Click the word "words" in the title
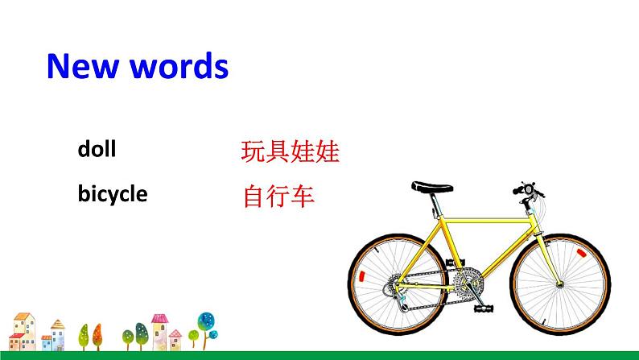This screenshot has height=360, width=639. pyautogui.click(x=176, y=66)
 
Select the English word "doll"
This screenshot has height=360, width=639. pyautogui.click(x=97, y=149)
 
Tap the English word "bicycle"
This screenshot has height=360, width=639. pyautogui.click(x=113, y=194)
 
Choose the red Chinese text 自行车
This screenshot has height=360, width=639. pyautogui.click(x=278, y=196)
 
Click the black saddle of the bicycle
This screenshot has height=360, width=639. pyautogui.click(x=432, y=187)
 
